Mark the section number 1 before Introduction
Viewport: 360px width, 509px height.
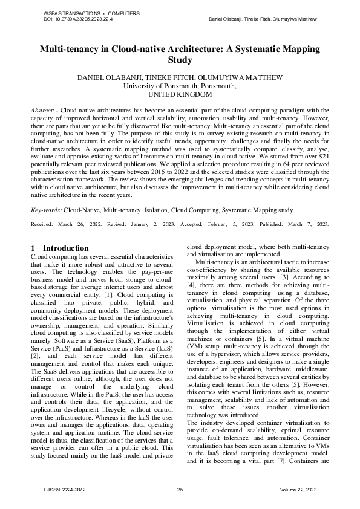coord(33,248)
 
